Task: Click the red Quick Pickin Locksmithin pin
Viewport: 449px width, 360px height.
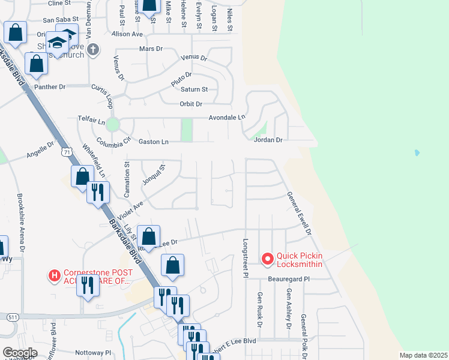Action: click(268, 259)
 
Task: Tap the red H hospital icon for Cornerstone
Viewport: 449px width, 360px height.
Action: click(55, 276)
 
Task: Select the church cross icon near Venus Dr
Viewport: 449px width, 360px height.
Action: click(93, 49)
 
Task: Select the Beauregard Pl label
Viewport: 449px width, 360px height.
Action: click(289, 279)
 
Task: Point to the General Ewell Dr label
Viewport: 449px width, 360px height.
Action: click(299, 214)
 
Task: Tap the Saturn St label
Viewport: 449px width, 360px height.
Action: click(194, 89)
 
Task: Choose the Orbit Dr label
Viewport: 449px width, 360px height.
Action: click(192, 103)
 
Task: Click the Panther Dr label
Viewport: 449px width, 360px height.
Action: click(50, 87)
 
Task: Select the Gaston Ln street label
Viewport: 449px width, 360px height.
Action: click(153, 142)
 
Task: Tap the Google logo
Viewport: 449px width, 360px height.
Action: click(19, 352)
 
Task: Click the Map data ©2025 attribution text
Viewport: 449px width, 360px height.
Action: click(423, 355)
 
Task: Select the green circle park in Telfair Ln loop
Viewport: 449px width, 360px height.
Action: click(113, 125)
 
